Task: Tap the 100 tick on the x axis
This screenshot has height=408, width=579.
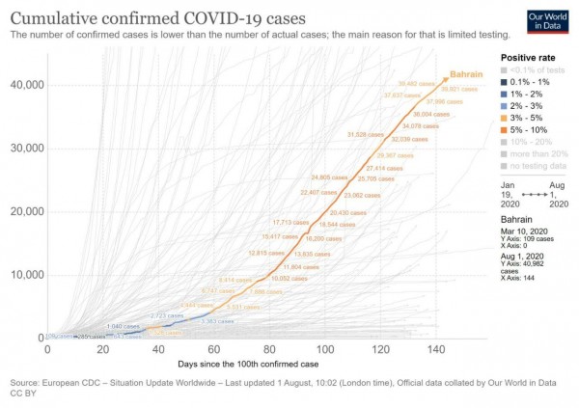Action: [x=326, y=349]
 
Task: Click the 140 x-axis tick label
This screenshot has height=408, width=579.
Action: [x=436, y=349]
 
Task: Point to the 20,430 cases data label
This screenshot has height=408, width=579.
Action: [x=350, y=213]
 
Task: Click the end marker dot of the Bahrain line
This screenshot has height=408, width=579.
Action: [x=445, y=79]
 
